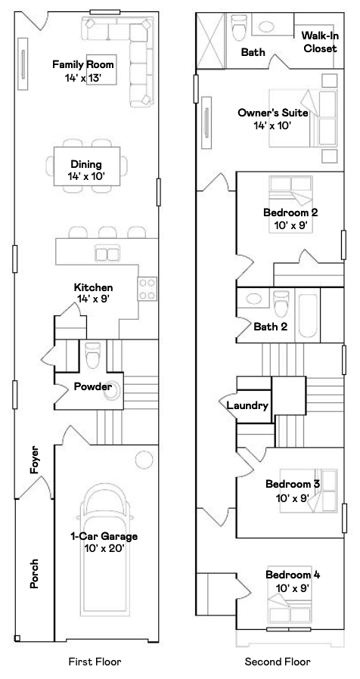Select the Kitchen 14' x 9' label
(x=93, y=293)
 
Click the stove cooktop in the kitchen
(x=147, y=287)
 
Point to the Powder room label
(x=93, y=387)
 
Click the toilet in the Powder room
(x=93, y=354)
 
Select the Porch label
(x=35, y=573)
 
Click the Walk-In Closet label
(x=320, y=42)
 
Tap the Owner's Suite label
(x=273, y=118)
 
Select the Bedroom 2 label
(x=290, y=218)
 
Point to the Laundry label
(x=248, y=406)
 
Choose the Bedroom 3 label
(x=292, y=489)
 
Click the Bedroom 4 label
(x=292, y=581)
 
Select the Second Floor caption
(x=278, y=662)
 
